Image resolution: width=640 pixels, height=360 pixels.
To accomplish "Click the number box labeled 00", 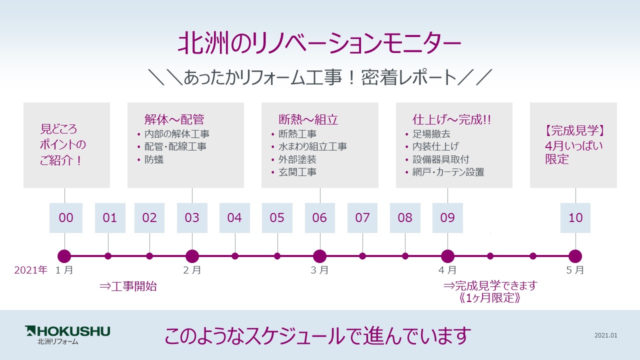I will pos(66,218).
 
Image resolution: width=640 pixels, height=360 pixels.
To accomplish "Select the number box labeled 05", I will pos(277,218).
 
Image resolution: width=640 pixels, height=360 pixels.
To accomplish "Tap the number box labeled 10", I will pos(575,218).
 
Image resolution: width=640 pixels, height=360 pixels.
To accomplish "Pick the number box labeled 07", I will pos(362,218).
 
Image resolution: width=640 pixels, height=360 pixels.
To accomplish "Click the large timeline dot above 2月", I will pos(192,256).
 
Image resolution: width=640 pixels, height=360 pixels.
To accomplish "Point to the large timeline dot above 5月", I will pos(575,256).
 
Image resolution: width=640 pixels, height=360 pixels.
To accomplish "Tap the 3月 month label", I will pos(319,270).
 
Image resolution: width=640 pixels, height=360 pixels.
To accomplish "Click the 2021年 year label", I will pos(30,270).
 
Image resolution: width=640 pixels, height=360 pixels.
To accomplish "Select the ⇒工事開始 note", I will pos(128,286).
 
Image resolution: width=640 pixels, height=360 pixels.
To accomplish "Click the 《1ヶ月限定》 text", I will pos(490,298).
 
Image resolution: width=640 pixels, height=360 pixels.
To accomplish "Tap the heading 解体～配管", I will pos(174,119).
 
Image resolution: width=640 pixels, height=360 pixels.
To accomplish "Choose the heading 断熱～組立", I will pos(308,119).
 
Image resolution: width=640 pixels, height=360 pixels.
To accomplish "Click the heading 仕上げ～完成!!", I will pos(451,119).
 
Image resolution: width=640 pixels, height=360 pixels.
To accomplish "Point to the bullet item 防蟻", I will pos(154,160).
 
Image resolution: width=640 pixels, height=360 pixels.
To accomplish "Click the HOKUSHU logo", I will pos(67,334).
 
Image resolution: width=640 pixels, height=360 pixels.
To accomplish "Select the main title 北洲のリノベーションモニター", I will pos(319,44).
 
